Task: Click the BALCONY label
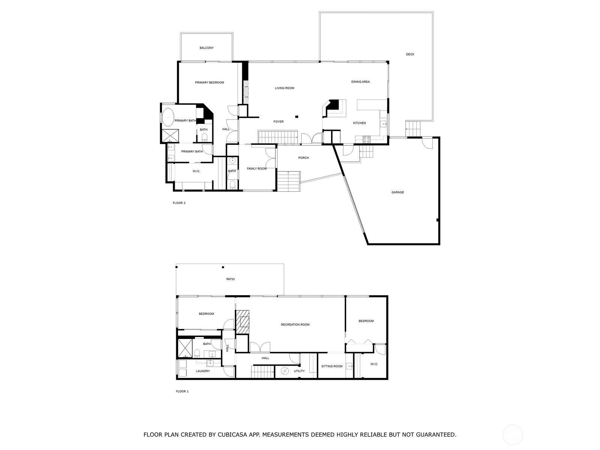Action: pyautogui.click(x=206, y=48)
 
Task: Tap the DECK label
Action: pyautogui.click(x=410, y=54)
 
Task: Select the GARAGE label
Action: pyautogui.click(x=397, y=192)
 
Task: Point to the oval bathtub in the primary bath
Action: pyautogui.click(x=168, y=117)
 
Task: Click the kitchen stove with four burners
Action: pyautogui.click(x=366, y=139)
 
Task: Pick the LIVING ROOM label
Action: pyautogui.click(x=284, y=88)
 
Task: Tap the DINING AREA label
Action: pyautogui.click(x=360, y=82)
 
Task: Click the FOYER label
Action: pyautogui.click(x=278, y=121)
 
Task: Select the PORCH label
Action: pyautogui.click(x=303, y=157)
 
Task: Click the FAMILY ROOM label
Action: pyautogui.click(x=256, y=169)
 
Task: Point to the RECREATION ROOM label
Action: pyautogui.click(x=295, y=325)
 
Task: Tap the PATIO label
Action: pyautogui.click(x=230, y=279)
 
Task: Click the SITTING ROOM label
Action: pyautogui.click(x=331, y=366)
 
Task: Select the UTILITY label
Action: pyautogui.click(x=299, y=371)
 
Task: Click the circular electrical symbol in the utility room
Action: pyautogui.click(x=285, y=371)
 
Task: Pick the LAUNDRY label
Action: pyautogui.click(x=202, y=371)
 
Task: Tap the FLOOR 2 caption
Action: pyautogui.click(x=179, y=203)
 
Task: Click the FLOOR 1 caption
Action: pyautogui.click(x=182, y=391)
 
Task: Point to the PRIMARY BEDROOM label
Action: pyautogui.click(x=209, y=82)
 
